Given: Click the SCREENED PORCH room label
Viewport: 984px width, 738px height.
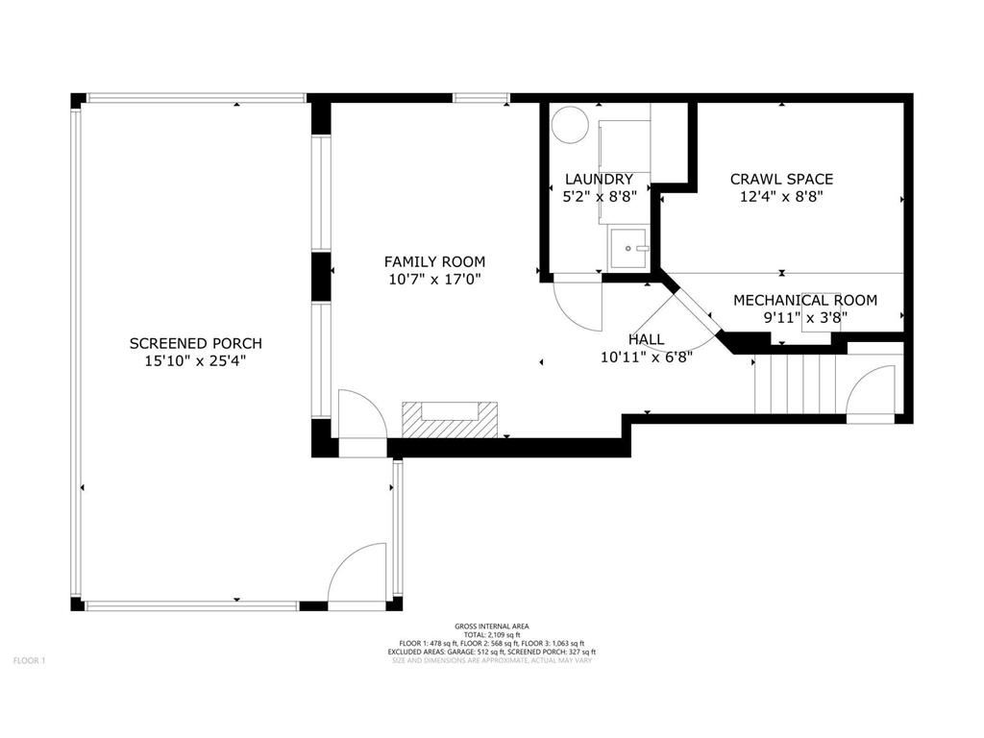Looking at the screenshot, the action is [196, 343].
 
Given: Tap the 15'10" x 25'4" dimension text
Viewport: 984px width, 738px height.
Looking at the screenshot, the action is [195, 361].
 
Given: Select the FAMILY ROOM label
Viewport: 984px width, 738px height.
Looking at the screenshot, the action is [435, 261].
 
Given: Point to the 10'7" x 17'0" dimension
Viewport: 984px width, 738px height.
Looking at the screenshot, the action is [435, 280].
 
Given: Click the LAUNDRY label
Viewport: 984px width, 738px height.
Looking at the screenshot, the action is [600, 180].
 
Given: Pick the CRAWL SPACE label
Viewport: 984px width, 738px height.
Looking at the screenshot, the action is [782, 179].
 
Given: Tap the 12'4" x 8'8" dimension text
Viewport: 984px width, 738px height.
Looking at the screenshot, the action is [782, 196].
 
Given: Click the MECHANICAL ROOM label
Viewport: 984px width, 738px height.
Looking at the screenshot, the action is [806, 301].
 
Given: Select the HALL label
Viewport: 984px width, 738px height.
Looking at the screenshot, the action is [647, 339].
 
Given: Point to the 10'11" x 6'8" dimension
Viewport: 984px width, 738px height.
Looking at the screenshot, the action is [647, 357].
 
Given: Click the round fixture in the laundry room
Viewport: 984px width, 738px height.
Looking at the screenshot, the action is [570, 124].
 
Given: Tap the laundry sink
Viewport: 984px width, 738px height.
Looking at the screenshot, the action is [628, 249].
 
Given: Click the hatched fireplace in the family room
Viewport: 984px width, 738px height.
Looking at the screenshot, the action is [450, 420].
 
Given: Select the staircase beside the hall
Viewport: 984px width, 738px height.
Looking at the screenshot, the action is [797, 383].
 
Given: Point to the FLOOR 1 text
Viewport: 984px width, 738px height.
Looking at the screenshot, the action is [30, 661].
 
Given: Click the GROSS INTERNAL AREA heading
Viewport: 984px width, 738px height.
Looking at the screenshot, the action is [492, 627].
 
